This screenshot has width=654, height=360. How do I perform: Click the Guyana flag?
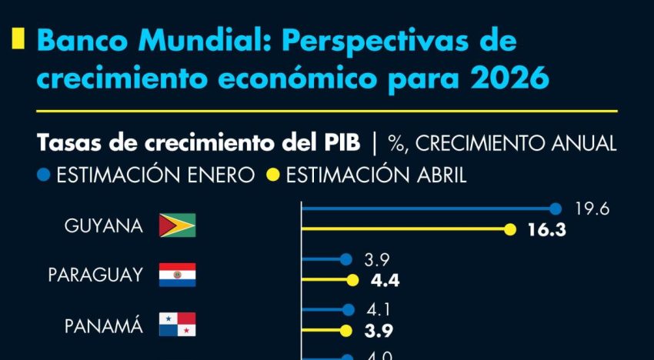[177, 225]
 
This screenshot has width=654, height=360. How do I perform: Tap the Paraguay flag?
[177, 275]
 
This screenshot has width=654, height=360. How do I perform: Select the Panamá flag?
[177, 325]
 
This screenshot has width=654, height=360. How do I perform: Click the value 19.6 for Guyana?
[592, 208]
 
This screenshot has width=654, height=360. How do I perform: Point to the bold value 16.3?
[545, 229]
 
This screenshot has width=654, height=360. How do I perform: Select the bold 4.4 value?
[385, 281]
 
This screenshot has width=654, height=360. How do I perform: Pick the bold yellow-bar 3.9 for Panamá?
[378, 332]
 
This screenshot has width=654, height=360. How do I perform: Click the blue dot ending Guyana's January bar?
[556, 208]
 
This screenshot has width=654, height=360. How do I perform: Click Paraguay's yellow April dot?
[352, 281]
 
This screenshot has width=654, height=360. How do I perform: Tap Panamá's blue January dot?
[349, 311]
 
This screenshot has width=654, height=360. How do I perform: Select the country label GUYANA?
[103, 226]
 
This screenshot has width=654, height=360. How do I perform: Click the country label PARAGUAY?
[95, 275]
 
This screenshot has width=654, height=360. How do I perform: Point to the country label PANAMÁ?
[103, 325]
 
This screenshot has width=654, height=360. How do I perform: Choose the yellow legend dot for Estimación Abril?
[272, 175]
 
